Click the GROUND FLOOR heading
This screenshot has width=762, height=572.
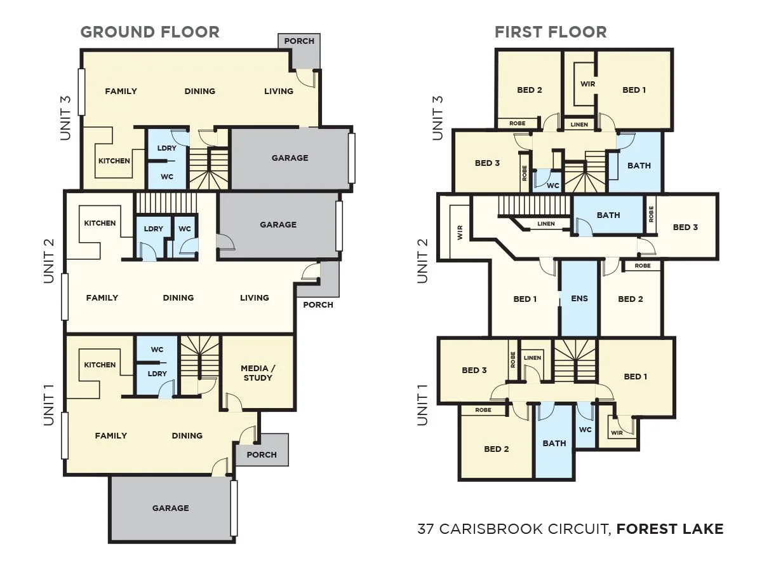tap(150, 32)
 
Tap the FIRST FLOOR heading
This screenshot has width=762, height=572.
tap(551, 32)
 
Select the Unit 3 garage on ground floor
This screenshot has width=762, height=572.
tap(290, 158)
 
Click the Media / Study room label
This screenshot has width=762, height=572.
tap(257, 373)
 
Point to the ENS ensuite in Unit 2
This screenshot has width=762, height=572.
tap(579, 299)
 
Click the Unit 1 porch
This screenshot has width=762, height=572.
tap(262, 454)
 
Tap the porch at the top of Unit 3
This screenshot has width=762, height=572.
tap(299, 41)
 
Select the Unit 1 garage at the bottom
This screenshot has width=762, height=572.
tap(170, 508)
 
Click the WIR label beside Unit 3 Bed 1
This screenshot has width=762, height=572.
tap(587, 83)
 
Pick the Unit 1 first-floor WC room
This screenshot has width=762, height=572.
tap(585, 430)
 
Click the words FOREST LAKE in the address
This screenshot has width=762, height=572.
tap(670, 529)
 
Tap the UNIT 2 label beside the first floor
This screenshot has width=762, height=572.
tap(422, 261)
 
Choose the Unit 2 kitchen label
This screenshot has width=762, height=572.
tap(100, 223)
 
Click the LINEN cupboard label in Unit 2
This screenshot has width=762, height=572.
tap(545, 224)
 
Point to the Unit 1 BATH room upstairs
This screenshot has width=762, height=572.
tap(554, 443)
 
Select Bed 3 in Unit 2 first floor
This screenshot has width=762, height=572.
tap(685, 227)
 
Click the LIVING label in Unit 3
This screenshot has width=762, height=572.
tap(279, 91)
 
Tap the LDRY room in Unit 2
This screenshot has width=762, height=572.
tap(153, 229)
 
